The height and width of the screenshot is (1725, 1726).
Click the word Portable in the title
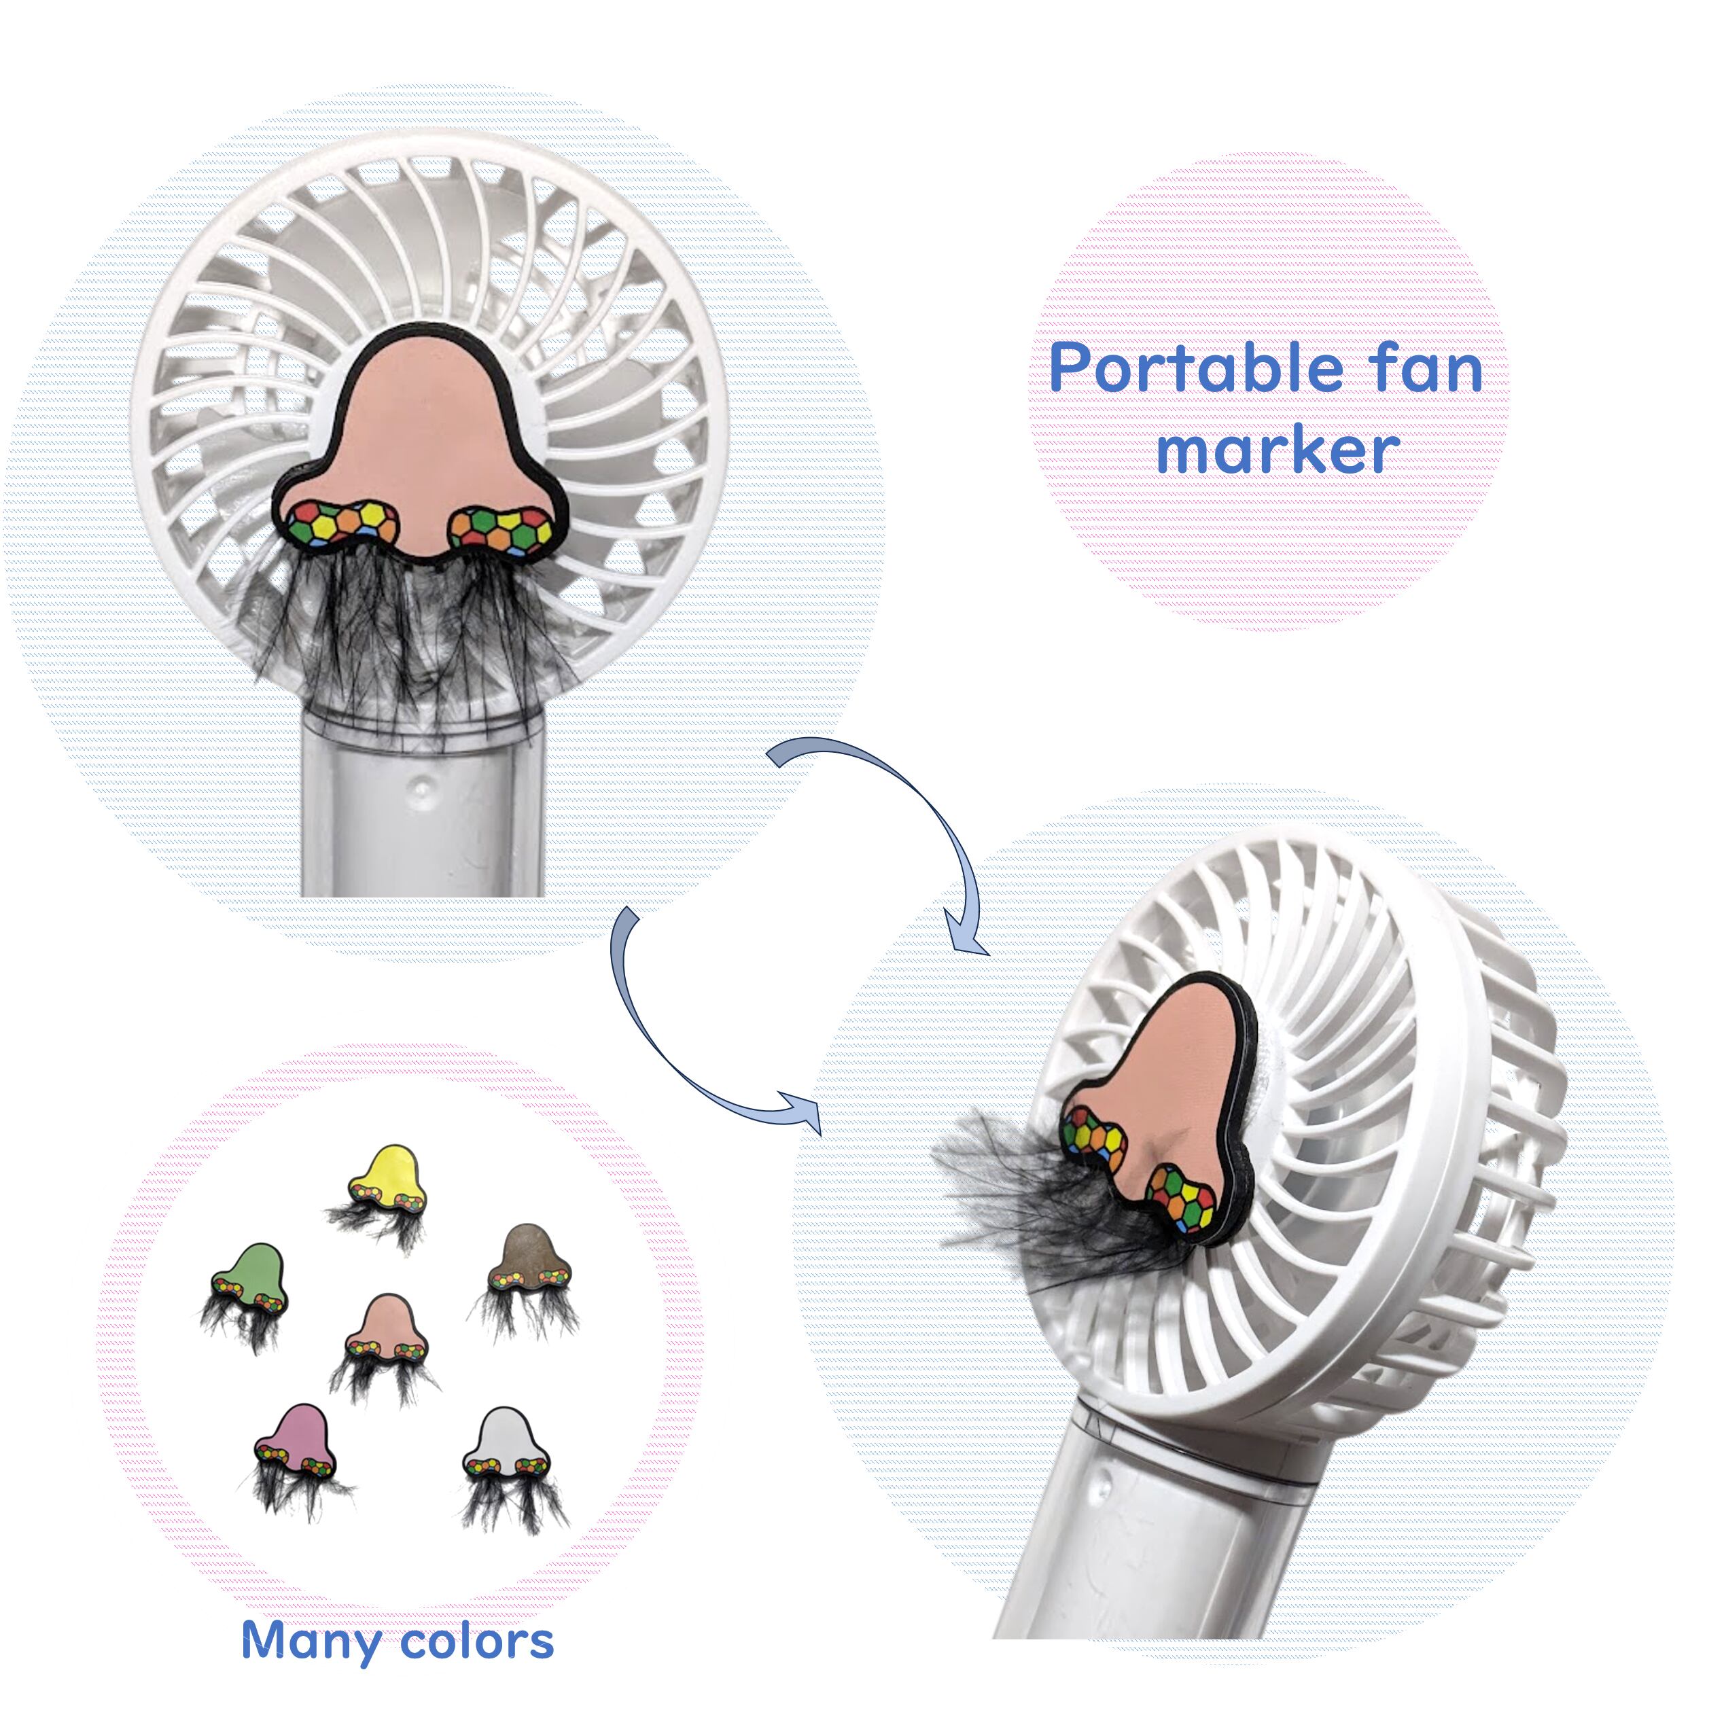coord(1195,369)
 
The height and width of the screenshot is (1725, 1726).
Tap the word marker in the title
coord(1278,451)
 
